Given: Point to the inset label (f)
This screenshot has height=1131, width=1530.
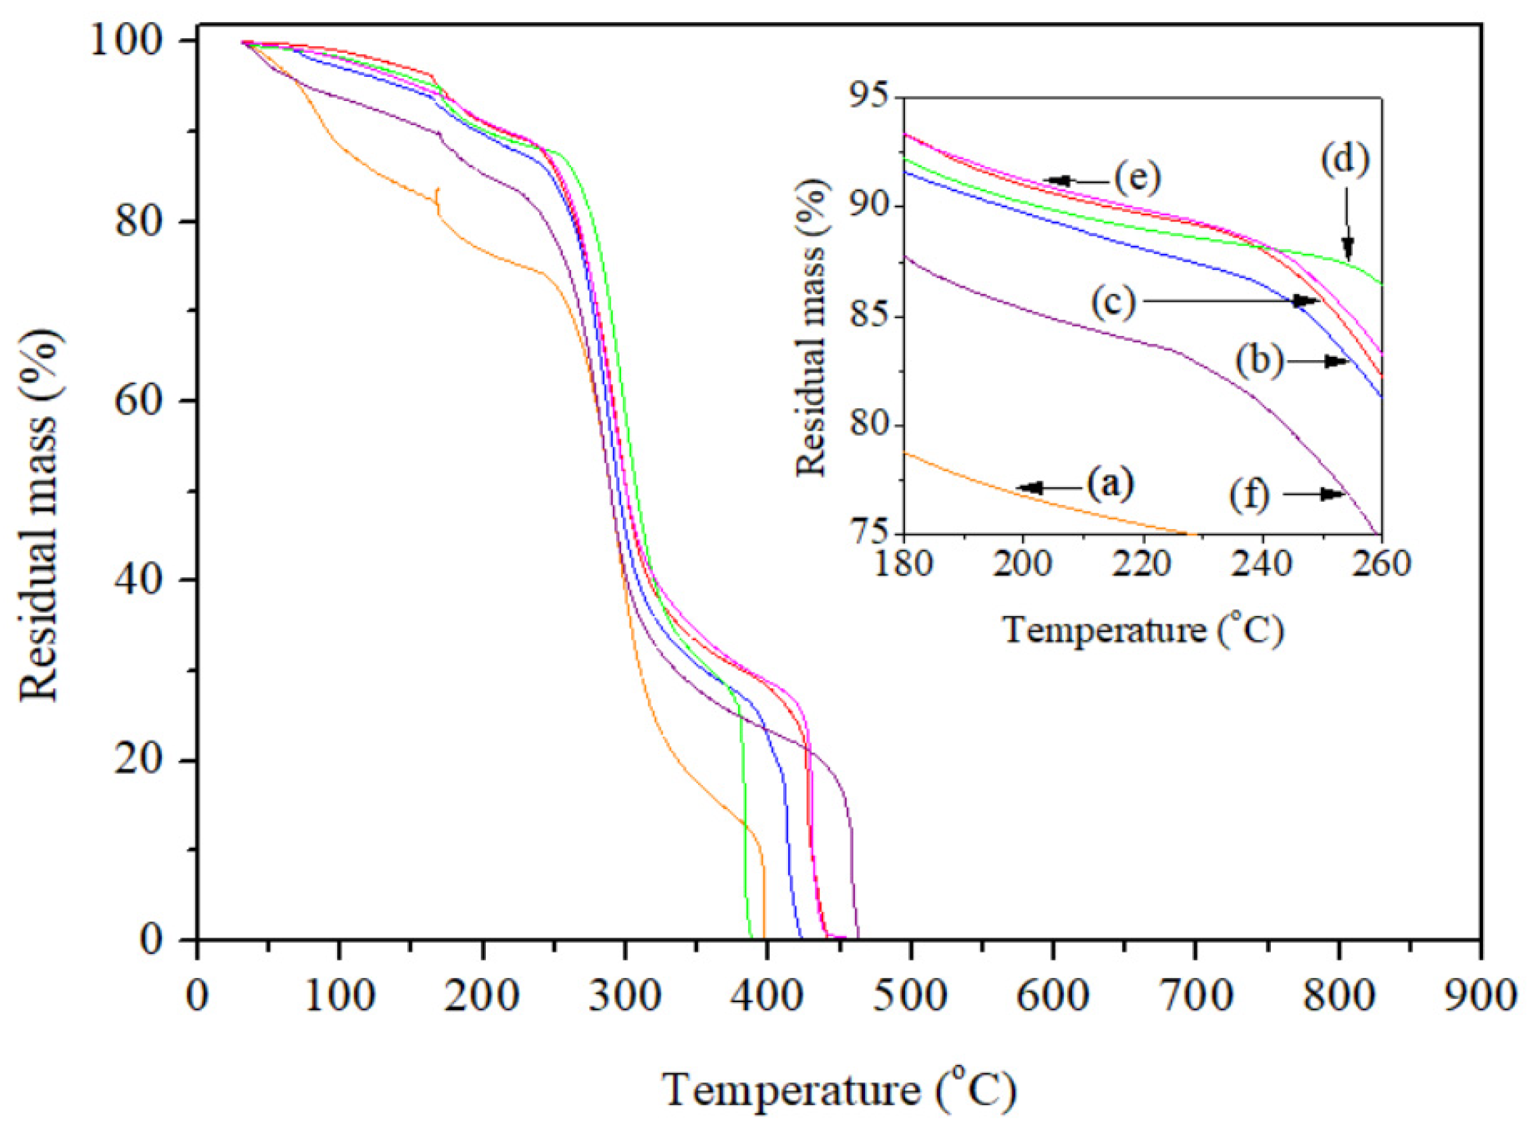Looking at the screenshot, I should pos(1249,494).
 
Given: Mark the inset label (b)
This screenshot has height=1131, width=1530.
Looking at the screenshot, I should pos(1259,361).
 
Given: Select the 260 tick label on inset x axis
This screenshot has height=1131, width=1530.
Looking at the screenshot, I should pos(1381,565).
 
